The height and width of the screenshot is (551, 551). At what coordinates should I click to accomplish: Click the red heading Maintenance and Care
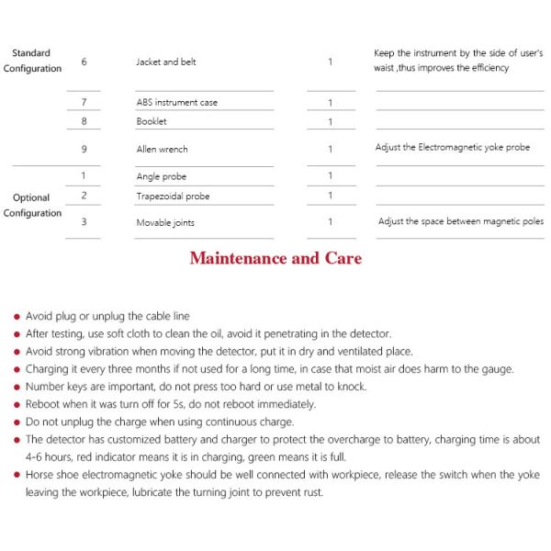pyautogui.click(x=275, y=258)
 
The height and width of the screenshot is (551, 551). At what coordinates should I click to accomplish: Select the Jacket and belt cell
pyautogui.click(x=166, y=62)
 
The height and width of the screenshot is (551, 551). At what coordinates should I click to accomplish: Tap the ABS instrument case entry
pyautogui.click(x=177, y=102)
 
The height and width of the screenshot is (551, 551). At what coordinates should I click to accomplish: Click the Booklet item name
pyautogui.click(x=152, y=121)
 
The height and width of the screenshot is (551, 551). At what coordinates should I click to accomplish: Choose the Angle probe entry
pyautogui.click(x=161, y=176)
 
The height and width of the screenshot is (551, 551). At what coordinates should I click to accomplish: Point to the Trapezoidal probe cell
pyautogui.click(x=173, y=196)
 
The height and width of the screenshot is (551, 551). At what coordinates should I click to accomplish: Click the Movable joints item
pyautogui.click(x=165, y=222)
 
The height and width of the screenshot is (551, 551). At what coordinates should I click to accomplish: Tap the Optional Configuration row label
pyautogui.click(x=32, y=205)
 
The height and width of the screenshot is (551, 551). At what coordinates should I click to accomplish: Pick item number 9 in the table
pyautogui.click(x=84, y=149)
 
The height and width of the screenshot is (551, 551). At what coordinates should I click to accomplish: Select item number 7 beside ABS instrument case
pyautogui.click(x=84, y=102)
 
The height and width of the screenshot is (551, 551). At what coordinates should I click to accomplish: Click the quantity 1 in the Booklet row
pyautogui.click(x=330, y=121)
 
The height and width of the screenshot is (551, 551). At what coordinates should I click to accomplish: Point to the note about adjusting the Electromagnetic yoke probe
pyautogui.click(x=452, y=147)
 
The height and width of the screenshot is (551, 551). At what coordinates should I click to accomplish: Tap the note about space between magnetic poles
pyautogui.click(x=461, y=221)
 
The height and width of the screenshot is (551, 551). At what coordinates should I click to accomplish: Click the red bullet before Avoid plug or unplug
pyautogui.click(x=17, y=317)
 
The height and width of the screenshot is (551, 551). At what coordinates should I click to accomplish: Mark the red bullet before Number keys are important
pyautogui.click(x=17, y=387)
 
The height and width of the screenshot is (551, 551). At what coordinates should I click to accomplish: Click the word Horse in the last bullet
pyautogui.click(x=41, y=475)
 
